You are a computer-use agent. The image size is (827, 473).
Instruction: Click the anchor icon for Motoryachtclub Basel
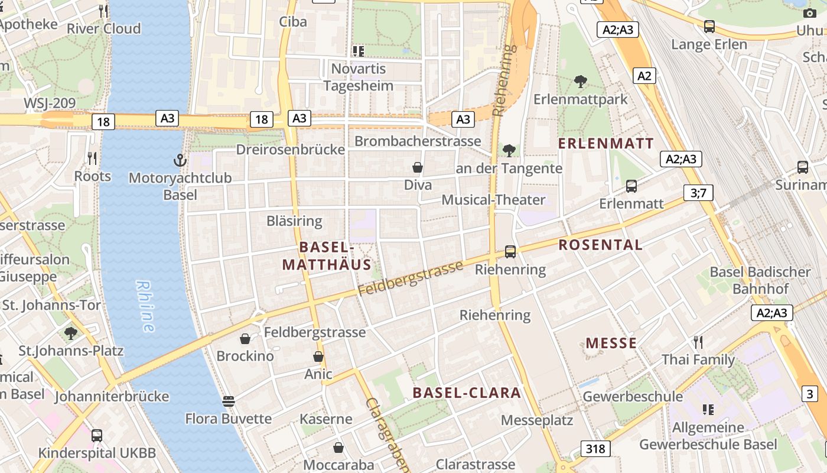pos(180,160)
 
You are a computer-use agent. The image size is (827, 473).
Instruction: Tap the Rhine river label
pos(145,305)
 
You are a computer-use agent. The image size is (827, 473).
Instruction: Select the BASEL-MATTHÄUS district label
pos(326,255)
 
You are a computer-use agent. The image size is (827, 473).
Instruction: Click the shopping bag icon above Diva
pos(418,167)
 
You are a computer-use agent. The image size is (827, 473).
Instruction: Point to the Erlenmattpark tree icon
pos(581,82)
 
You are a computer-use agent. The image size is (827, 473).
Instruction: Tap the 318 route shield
pos(595,449)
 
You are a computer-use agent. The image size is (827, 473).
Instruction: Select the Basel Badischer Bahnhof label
pos(760,280)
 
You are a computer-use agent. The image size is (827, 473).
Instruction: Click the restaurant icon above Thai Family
pos(698,342)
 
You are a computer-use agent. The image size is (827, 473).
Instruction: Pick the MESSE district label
pos(611,343)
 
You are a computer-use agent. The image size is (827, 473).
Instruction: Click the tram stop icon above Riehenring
pos(510,252)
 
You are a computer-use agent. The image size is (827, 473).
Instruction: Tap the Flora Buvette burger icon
pos(229,401)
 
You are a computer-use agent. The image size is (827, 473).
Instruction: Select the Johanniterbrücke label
pos(112,396)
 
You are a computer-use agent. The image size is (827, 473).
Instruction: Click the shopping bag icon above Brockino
pos(245,339)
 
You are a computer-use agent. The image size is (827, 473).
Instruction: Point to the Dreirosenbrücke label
pos(290,150)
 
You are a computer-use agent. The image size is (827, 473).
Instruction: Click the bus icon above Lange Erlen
pos(709,27)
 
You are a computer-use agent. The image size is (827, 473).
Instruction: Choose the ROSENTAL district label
pos(600,245)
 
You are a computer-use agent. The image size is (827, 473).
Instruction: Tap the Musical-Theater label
pos(494,200)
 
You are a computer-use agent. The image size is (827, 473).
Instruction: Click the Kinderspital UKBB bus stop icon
pos(97,436)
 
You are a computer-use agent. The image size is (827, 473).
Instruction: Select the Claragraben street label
pos(386,434)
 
